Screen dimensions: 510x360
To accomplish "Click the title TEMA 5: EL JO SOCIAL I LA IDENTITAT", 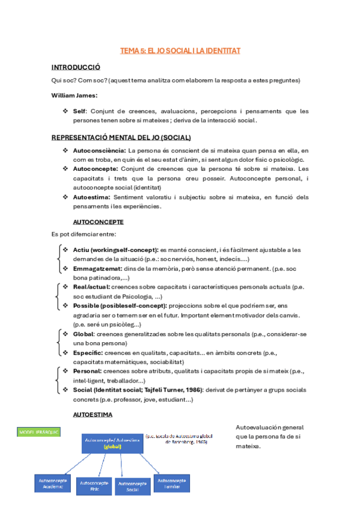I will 180,51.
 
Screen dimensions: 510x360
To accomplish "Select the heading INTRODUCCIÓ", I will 76,67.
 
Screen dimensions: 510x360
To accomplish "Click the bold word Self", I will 79,111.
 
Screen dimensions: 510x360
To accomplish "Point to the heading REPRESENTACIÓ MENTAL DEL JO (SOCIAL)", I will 121,137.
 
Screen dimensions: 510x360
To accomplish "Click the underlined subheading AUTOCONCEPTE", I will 98,221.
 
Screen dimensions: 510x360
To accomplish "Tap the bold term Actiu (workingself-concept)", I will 115,250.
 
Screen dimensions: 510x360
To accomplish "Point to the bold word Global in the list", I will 83,334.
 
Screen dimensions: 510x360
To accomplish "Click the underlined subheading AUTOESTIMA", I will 92,414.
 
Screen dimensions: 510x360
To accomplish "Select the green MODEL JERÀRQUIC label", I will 39,432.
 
